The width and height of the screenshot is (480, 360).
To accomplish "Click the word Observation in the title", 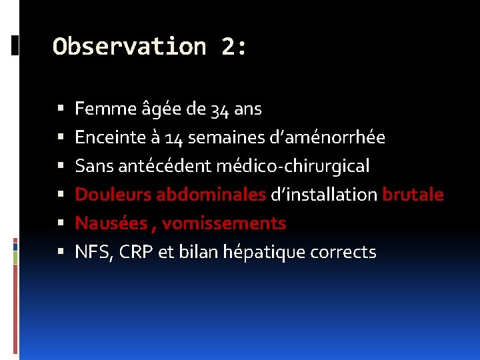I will click(x=129, y=47).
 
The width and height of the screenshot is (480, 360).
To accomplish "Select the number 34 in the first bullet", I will click(x=219, y=109).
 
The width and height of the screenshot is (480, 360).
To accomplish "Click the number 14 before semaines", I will click(x=175, y=137).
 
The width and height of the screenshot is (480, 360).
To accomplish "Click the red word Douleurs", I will click(x=113, y=195).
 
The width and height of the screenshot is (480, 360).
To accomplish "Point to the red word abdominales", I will click(x=211, y=195).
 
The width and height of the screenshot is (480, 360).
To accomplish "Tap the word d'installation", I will click(x=323, y=195).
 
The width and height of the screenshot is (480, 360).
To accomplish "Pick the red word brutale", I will click(x=413, y=195).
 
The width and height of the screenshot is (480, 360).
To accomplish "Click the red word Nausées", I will click(x=110, y=223).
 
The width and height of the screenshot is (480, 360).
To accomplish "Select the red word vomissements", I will click(x=224, y=223).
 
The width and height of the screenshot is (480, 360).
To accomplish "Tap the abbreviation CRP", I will click(x=137, y=253).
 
